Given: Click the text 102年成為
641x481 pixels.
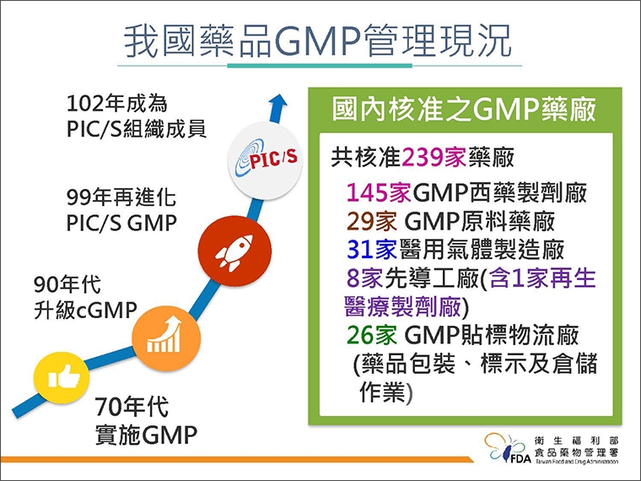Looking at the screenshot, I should click(117, 104).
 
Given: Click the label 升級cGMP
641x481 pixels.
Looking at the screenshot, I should click(84, 310).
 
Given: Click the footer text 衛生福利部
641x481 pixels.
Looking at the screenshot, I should click(577, 440).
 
